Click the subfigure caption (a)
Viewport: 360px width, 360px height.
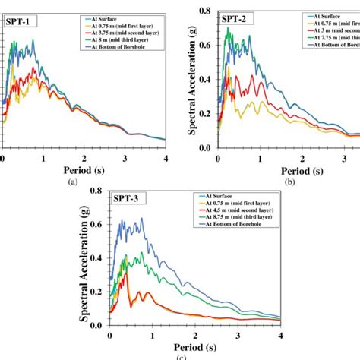point(72,182)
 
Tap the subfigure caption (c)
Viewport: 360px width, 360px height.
point(178,356)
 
